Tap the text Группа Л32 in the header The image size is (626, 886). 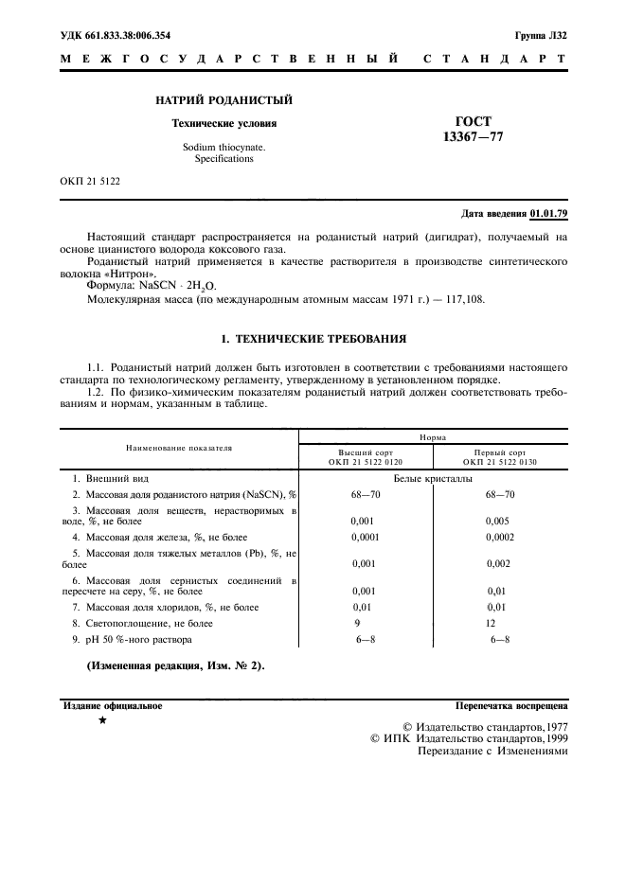click(x=541, y=35)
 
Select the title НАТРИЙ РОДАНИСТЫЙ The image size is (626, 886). click(x=224, y=100)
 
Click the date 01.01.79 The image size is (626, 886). click(x=549, y=214)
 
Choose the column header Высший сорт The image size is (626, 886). click(x=366, y=452)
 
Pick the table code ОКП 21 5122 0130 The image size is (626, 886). click(x=500, y=463)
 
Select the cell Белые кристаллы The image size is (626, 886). click(x=433, y=479)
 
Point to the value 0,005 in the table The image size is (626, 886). click(x=499, y=520)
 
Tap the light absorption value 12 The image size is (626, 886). click(x=491, y=623)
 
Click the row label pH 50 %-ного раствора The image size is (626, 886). click(x=135, y=640)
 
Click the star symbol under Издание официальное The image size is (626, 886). click(x=102, y=721)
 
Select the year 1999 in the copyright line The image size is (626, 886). click(x=550, y=737)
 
